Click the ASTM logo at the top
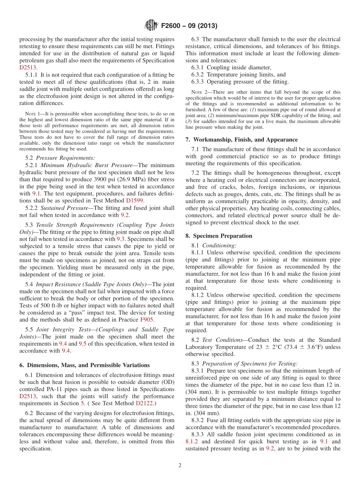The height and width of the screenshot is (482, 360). pos(151,26)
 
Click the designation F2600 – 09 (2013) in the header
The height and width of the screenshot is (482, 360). pos(189,26)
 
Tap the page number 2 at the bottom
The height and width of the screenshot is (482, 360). pos(180,465)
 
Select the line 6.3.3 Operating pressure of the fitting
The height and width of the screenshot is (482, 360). pos(240,81)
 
